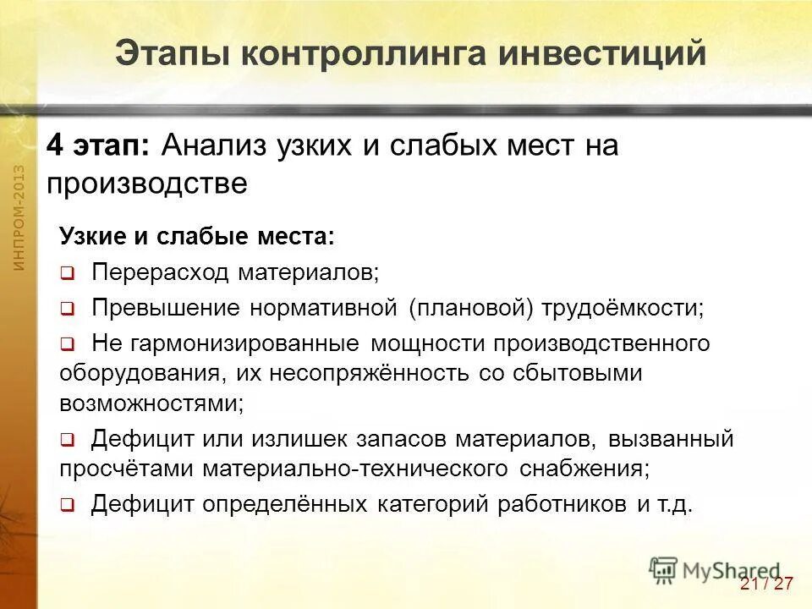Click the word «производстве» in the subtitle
point(147,184)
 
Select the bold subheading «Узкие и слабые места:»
point(197,236)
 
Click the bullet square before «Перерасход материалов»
point(68,274)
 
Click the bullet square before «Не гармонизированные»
point(68,345)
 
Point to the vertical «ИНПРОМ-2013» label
point(19,218)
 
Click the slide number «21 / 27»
point(766,584)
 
